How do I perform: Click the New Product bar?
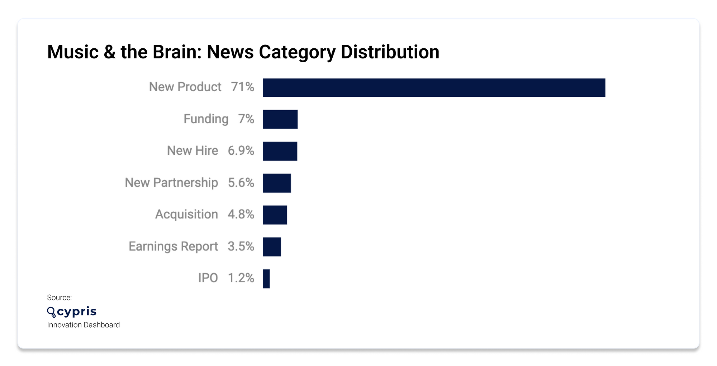click(x=434, y=88)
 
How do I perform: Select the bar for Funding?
click(x=280, y=119)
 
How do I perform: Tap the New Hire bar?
click(x=280, y=151)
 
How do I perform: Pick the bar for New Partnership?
click(x=277, y=183)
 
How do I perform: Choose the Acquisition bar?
click(x=275, y=215)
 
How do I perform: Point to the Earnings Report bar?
click(x=272, y=247)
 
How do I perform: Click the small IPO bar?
click(x=266, y=279)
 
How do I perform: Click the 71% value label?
click(x=242, y=87)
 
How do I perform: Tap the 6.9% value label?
click(x=241, y=151)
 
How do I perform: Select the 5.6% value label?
click(x=241, y=183)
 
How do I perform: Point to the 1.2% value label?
click(x=241, y=278)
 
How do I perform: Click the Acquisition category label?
click(x=186, y=215)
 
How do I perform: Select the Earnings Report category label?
click(x=173, y=246)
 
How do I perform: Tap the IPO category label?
click(x=208, y=278)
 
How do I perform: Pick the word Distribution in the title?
click(x=390, y=52)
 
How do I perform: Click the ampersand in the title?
click(x=110, y=52)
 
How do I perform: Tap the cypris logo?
click(x=72, y=312)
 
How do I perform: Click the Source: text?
click(x=59, y=298)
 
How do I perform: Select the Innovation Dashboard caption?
click(x=83, y=325)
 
